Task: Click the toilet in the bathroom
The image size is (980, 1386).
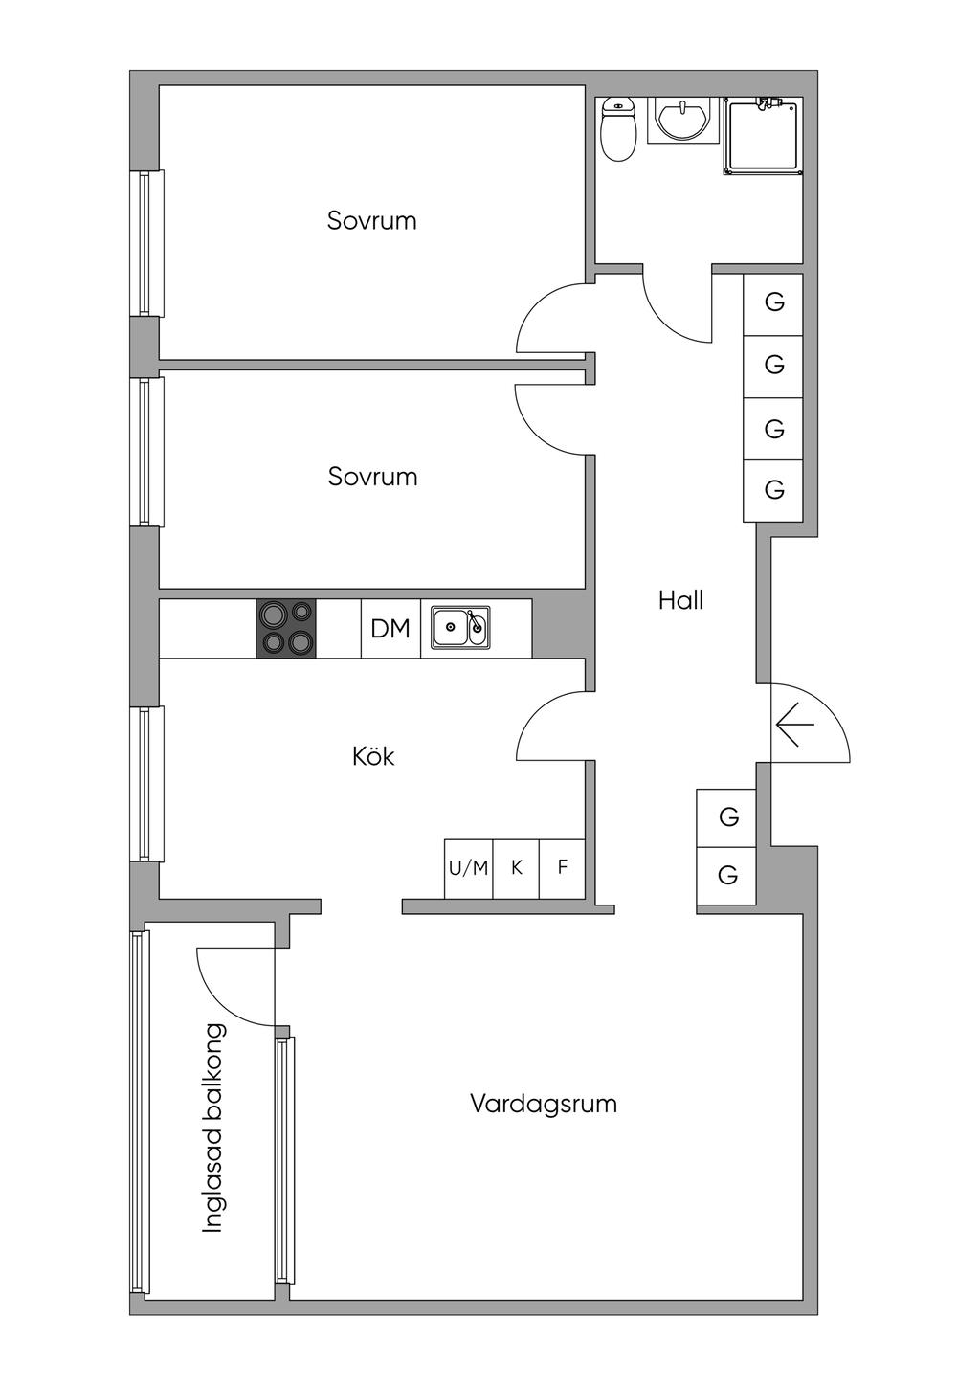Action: [x=618, y=129]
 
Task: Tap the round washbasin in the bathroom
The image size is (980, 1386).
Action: [x=683, y=120]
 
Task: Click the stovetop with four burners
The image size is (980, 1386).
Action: [x=286, y=628]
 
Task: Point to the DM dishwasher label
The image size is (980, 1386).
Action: [x=390, y=629]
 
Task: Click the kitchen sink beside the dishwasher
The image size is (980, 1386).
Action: [x=460, y=627]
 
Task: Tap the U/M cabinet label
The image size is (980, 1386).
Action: [x=469, y=869]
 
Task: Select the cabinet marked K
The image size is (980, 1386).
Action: [x=516, y=869]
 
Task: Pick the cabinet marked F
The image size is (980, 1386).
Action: [x=563, y=869]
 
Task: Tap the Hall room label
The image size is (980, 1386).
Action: [x=680, y=601]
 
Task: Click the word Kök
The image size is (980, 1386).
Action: [x=373, y=756]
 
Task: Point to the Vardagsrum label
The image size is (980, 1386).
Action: [x=544, y=1105]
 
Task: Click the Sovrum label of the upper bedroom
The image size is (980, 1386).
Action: [x=372, y=221]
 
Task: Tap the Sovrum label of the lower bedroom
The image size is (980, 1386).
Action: [x=372, y=477]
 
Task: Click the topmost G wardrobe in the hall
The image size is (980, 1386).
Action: [x=773, y=304]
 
